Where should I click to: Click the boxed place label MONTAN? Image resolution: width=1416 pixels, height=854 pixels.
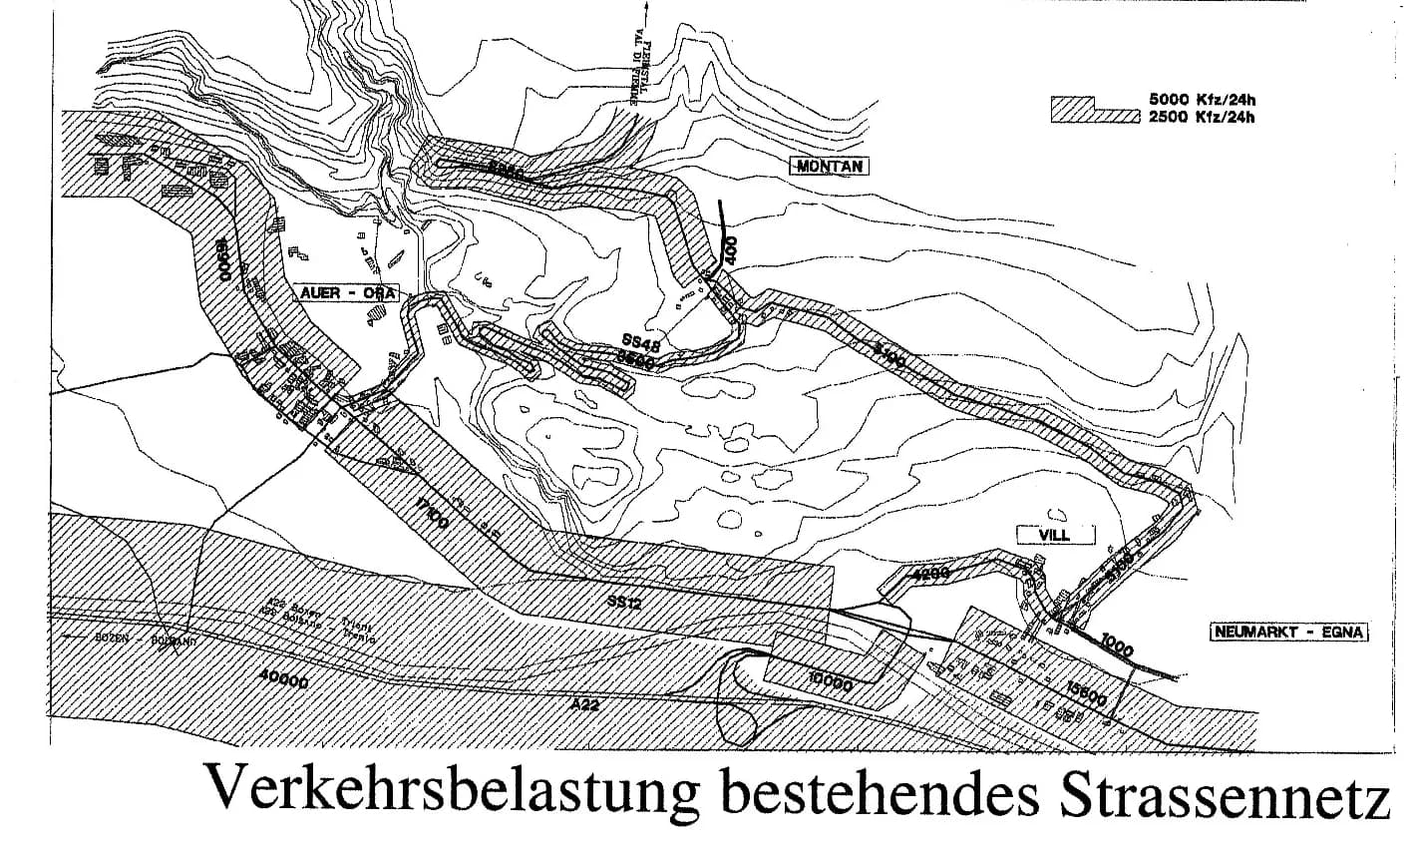coord(829,167)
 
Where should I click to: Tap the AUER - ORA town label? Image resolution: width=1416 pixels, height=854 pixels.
coord(347,293)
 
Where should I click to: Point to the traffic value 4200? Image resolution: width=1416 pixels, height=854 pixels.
coord(929,574)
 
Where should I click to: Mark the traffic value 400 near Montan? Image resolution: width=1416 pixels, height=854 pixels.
coord(731,249)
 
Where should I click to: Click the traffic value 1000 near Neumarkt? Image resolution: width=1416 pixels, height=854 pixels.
coord(1117,647)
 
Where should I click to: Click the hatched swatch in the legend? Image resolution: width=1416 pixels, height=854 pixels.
coord(1094,110)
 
